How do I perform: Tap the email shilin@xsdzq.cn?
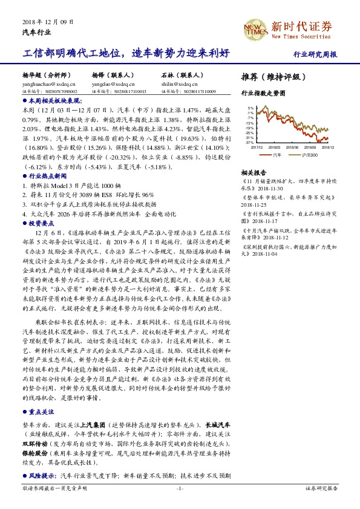click(x=178, y=85)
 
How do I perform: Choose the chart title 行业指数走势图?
click(x=263, y=94)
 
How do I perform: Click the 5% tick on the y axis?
click(x=250, y=108)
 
